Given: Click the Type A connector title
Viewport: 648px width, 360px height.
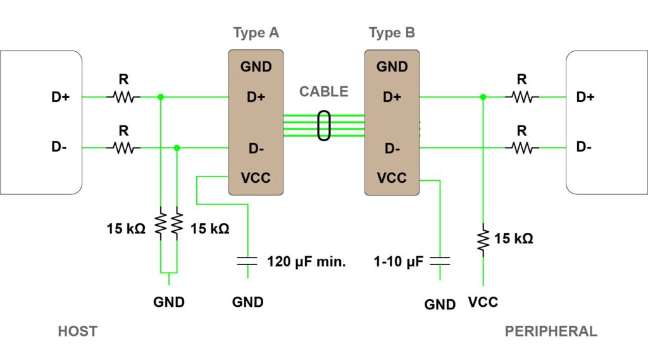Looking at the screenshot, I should [x=256, y=33].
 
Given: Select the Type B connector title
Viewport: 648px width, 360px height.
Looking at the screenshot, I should [x=392, y=33].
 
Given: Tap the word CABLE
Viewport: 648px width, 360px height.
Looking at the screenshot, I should [x=324, y=91].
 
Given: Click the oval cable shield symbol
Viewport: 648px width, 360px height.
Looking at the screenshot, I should [x=324, y=125].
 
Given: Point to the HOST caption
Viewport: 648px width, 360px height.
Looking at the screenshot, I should [x=78, y=331].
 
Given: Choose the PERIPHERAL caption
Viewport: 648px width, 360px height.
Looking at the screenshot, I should [x=551, y=331].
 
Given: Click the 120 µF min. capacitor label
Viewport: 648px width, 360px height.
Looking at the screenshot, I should [x=306, y=261].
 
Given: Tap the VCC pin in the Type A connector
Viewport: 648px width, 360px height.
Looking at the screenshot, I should [x=256, y=178].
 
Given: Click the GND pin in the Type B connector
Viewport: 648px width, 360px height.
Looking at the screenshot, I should [x=392, y=66].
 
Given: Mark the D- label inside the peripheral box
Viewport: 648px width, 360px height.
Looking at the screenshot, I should [x=585, y=147].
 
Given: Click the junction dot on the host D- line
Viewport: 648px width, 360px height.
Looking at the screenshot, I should [x=177, y=148].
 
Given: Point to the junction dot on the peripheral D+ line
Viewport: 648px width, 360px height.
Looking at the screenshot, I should [x=483, y=97].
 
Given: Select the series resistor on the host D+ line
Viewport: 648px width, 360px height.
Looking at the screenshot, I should [x=124, y=97].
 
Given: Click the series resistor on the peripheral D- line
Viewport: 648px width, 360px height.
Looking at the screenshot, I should [x=522, y=148].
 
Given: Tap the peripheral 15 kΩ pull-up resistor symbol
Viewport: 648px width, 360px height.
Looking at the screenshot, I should [x=483, y=239].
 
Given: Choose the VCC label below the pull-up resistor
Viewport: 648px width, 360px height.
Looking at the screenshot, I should [x=483, y=302].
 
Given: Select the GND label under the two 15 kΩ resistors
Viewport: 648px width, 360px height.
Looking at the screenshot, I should [x=169, y=302].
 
